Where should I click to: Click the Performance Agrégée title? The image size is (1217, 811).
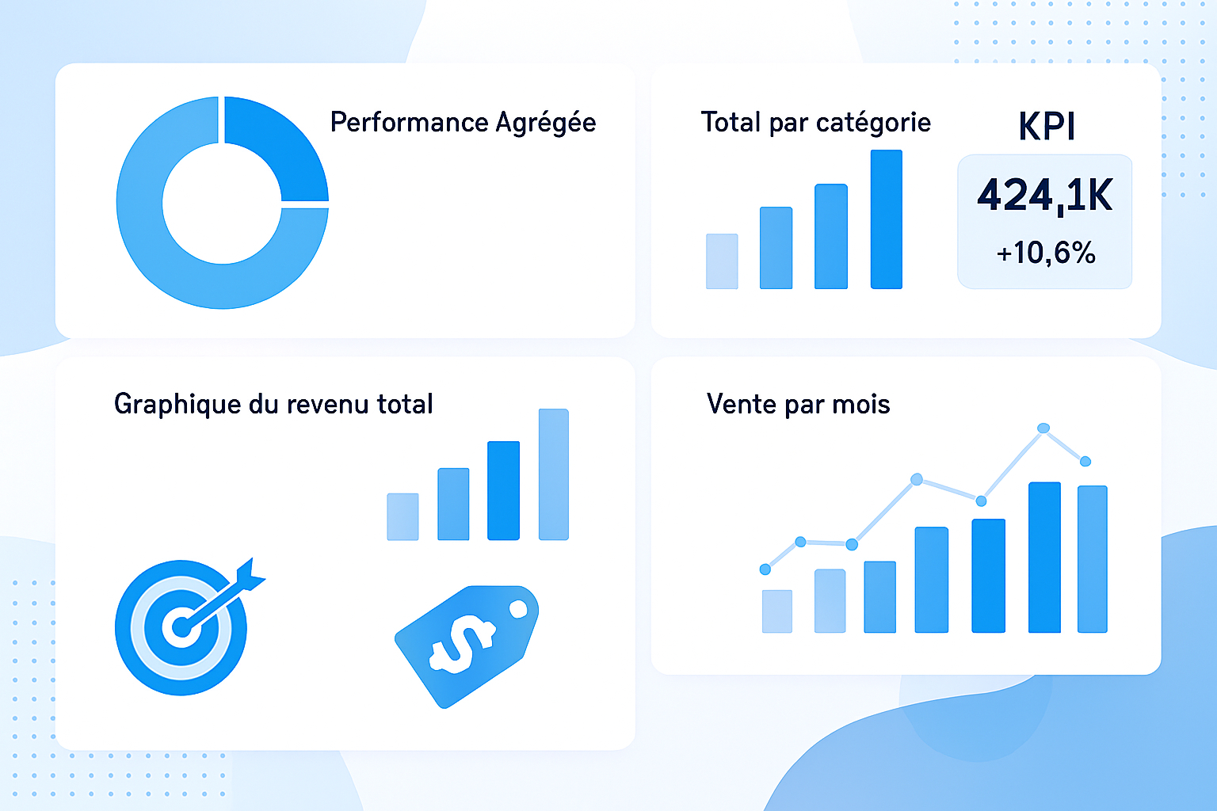(463, 123)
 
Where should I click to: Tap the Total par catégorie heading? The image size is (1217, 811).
(815, 123)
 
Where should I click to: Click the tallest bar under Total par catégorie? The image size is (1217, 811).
(886, 219)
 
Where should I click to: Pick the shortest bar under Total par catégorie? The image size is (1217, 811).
(722, 261)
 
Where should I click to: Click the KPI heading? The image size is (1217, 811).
(1046, 127)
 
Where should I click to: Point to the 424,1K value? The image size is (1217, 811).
(1045, 195)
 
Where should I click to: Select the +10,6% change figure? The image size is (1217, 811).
(1046, 253)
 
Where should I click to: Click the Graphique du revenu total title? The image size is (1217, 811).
(273, 404)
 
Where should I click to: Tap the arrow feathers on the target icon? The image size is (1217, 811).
(251, 574)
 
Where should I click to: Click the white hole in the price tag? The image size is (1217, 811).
(518, 609)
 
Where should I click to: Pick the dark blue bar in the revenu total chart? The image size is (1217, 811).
(503, 490)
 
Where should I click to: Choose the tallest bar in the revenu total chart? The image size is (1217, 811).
(554, 474)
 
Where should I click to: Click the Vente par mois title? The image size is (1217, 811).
(798, 405)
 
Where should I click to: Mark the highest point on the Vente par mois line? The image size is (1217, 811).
(1043, 428)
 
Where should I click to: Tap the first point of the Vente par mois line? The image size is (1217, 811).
(765, 569)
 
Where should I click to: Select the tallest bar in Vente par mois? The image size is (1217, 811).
(1044, 558)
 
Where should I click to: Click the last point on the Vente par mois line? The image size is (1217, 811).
(1085, 461)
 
